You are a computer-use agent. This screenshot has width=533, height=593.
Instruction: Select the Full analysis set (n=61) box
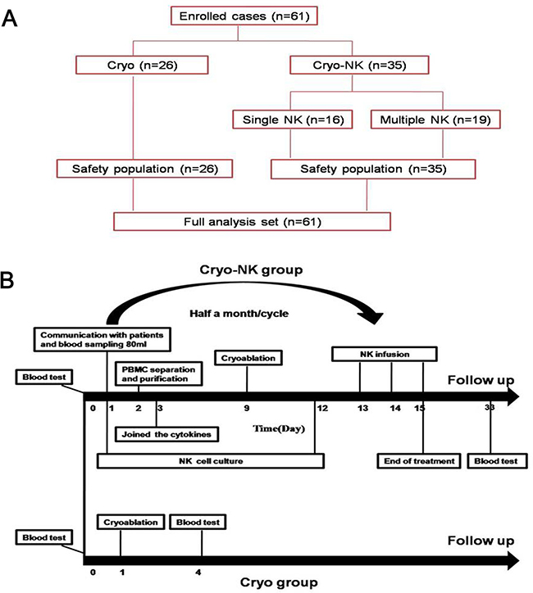[251, 221]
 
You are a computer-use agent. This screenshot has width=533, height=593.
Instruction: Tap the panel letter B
[11, 281]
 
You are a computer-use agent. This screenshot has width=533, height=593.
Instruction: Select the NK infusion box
[382, 355]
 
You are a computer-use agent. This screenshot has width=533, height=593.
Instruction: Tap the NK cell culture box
[210, 460]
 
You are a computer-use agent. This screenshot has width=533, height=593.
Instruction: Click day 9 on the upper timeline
[247, 409]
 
